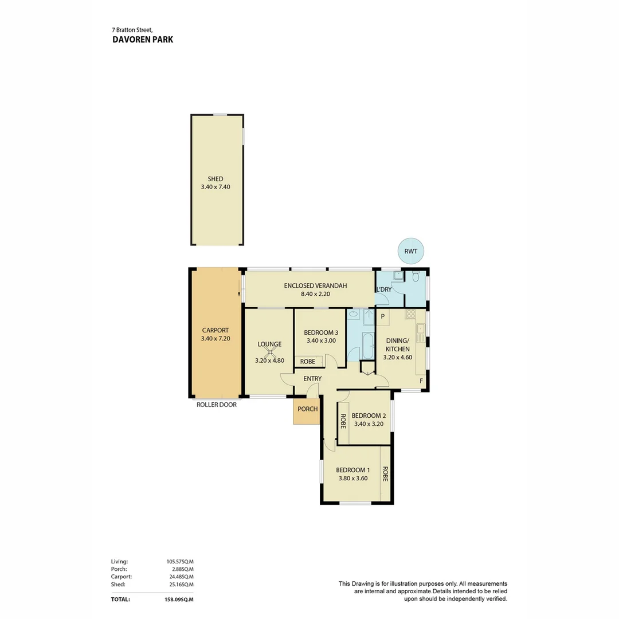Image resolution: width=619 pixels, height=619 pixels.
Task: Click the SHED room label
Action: coord(216,179)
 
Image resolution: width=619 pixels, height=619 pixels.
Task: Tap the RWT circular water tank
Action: coord(410,250)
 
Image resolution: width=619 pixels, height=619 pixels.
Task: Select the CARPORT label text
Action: coord(215,330)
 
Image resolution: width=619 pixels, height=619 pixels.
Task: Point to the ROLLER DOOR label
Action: coord(216,404)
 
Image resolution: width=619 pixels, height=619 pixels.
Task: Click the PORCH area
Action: coord(307,409)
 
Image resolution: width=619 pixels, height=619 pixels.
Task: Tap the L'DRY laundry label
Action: coord(384,289)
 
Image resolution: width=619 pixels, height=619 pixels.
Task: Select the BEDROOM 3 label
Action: coord(320,332)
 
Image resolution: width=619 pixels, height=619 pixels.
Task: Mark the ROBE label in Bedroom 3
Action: coord(308,362)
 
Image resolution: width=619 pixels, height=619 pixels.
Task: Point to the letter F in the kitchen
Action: coord(421,381)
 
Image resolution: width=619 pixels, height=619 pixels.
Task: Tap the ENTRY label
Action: coord(312,378)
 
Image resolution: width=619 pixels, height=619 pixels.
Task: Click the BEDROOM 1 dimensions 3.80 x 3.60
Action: coord(352,478)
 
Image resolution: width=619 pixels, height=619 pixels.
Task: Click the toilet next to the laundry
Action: coord(416,277)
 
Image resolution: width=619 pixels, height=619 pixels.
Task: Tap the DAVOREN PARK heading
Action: coord(143,40)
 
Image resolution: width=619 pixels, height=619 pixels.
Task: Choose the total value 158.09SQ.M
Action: coord(178,600)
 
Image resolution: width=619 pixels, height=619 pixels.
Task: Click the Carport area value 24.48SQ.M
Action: coord(179,577)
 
